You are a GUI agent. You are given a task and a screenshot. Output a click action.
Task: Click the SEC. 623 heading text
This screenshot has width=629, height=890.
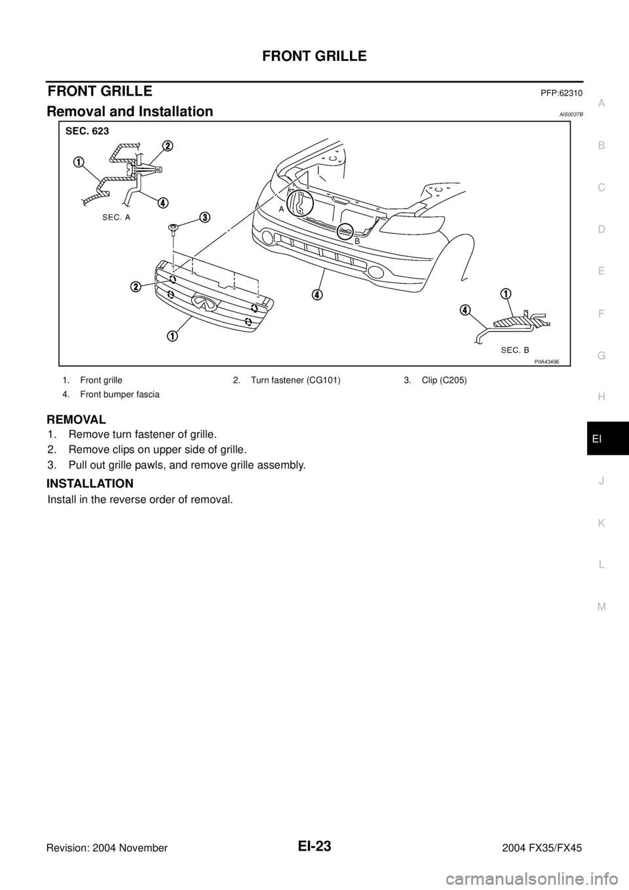click(86, 131)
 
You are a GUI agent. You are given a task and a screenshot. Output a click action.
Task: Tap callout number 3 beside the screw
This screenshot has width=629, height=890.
click(204, 218)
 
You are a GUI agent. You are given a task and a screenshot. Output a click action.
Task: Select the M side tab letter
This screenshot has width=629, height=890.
click(601, 607)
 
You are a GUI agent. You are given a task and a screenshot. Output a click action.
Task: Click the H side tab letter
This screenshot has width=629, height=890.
click(601, 397)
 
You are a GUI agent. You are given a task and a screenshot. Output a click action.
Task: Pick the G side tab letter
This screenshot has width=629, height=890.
click(601, 355)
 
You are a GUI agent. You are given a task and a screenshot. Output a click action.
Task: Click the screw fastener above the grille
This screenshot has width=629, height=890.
click(173, 228)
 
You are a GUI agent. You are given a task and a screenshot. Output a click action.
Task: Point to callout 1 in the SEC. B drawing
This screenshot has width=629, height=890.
click(507, 292)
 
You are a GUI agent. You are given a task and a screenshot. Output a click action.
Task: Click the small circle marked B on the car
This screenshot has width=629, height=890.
click(346, 231)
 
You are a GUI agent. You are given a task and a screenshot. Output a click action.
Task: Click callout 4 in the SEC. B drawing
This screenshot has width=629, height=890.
click(465, 309)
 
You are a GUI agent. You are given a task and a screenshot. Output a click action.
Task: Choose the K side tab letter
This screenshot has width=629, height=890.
click(601, 523)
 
